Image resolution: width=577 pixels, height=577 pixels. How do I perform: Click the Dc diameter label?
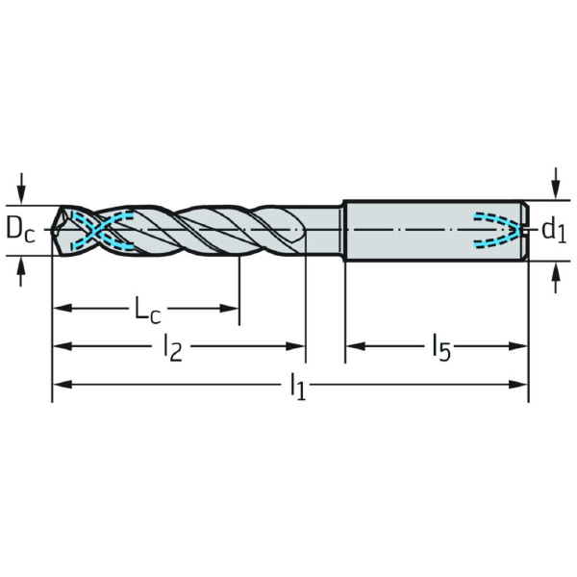20,230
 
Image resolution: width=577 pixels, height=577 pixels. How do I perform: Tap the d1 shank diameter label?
554,231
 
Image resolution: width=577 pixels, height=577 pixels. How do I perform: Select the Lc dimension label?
148,310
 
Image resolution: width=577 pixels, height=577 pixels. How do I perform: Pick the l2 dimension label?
172,347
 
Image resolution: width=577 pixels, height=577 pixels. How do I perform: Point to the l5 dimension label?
441,347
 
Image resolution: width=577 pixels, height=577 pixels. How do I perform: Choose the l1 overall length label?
298,387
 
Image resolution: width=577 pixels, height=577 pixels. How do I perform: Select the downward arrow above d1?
557,184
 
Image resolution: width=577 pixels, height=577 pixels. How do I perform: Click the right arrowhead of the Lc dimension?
229,309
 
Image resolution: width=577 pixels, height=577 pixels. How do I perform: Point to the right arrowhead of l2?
295,346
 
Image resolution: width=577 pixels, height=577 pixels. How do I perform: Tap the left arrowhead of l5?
356,346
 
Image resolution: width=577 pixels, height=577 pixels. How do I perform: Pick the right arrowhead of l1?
518,385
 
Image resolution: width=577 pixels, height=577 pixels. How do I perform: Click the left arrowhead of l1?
63,385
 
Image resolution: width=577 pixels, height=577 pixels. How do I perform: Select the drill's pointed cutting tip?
52,231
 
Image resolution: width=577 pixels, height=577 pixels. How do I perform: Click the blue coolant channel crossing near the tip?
96,231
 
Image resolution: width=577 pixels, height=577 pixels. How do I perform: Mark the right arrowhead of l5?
518,346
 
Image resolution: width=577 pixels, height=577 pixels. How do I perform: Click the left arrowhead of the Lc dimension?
63,309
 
